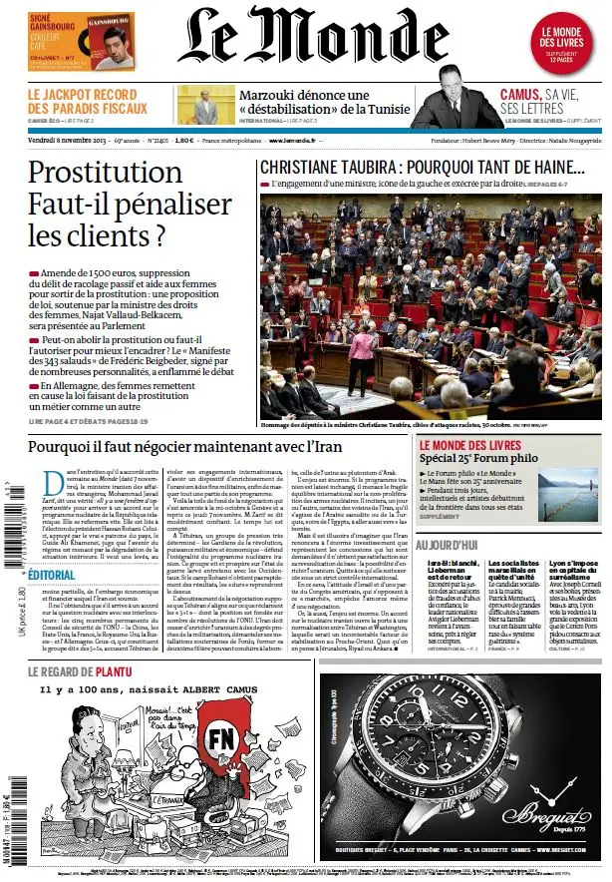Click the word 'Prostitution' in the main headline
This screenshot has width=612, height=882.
105,173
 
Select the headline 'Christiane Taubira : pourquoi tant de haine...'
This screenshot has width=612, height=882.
422,167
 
